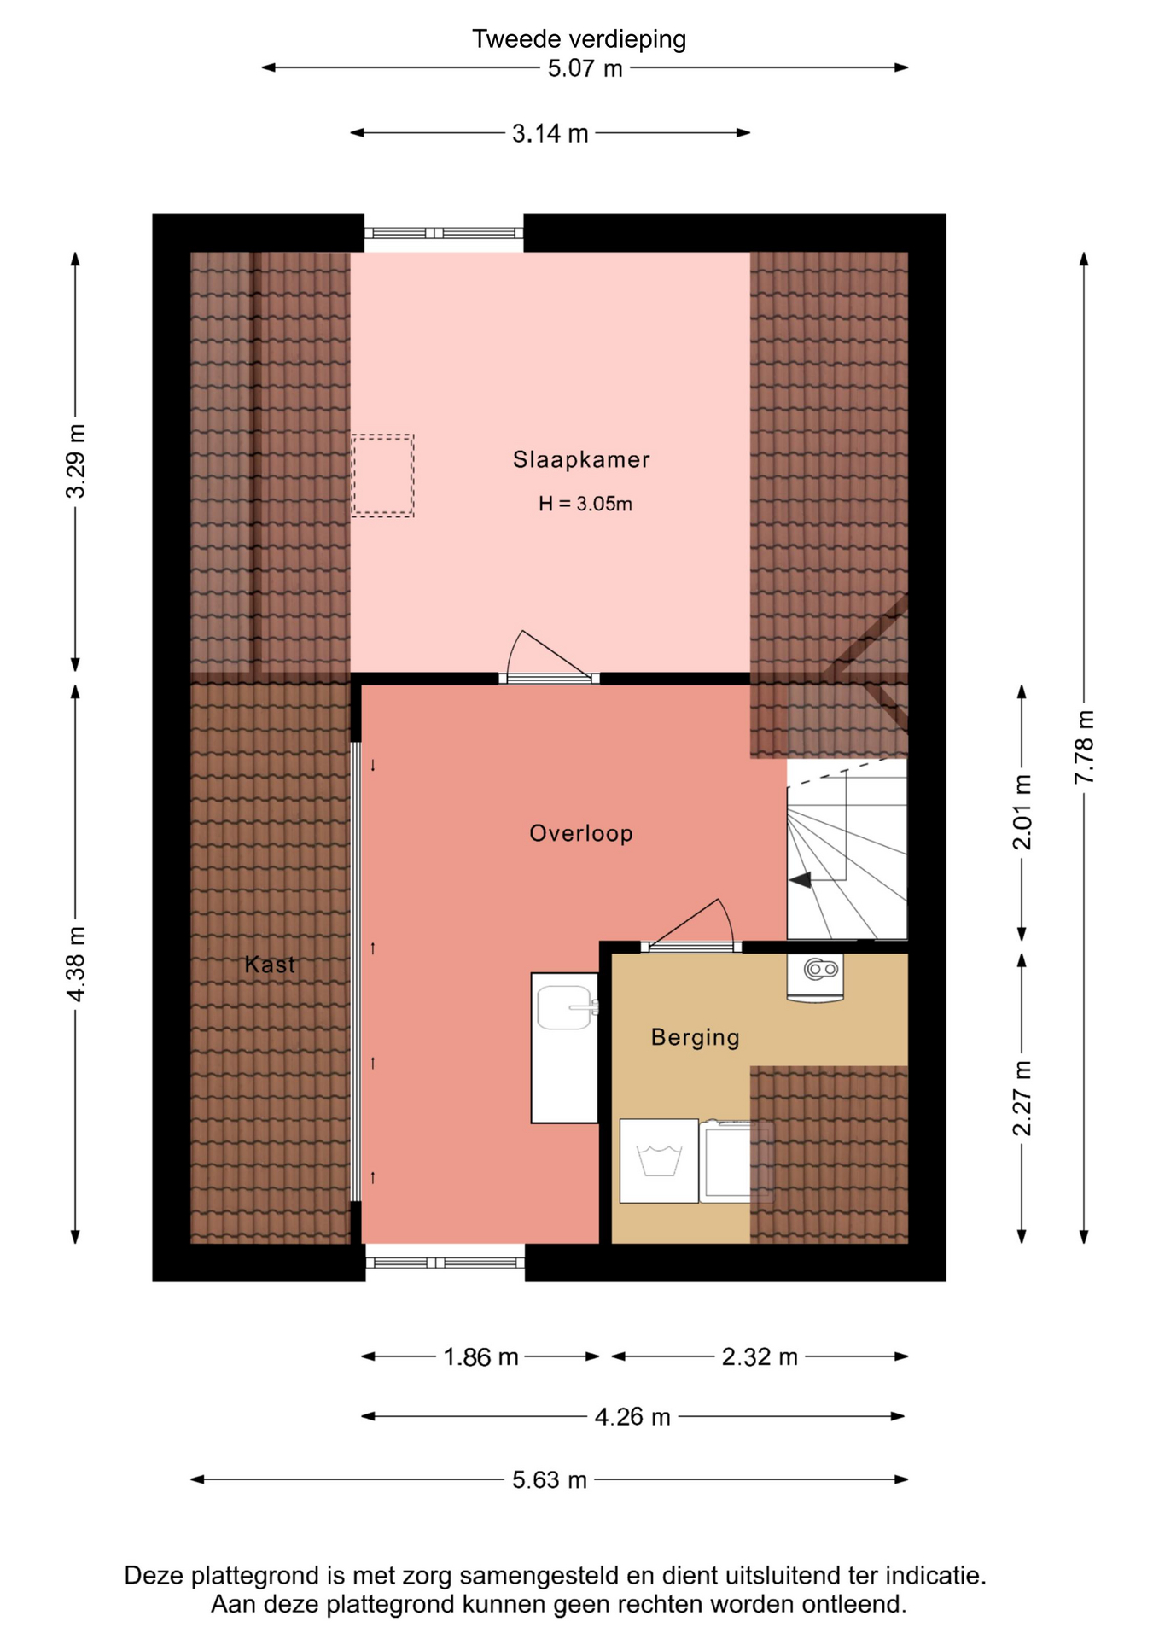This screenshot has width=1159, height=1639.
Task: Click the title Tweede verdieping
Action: (x=579, y=39)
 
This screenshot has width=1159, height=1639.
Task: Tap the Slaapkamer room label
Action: (x=581, y=460)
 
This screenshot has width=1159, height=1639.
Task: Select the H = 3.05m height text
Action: (x=585, y=505)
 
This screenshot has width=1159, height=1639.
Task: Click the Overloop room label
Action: (x=581, y=833)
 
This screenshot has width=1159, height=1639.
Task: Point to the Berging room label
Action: (x=695, y=1037)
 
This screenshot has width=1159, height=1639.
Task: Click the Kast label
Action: (x=270, y=965)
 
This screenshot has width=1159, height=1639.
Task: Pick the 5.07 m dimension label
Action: (x=585, y=68)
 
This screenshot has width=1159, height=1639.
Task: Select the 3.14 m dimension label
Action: (x=550, y=134)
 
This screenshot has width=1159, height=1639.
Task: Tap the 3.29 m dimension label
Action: (x=76, y=461)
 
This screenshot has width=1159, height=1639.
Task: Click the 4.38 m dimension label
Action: (x=76, y=964)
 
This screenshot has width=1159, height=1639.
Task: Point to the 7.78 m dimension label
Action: (x=1084, y=747)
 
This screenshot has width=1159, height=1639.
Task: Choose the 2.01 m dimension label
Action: (x=1022, y=813)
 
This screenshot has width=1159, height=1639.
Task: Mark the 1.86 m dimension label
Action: (x=480, y=1356)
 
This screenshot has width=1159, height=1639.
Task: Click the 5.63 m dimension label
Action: (x=550, y=1479)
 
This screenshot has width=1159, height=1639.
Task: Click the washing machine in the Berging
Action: (x=659, y=1161)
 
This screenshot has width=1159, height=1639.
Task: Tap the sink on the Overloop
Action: (x=565, y=1048)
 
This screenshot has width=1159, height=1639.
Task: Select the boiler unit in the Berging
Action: (x=815, y=977)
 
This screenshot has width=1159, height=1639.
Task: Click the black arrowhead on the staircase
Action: (x=800, y=880)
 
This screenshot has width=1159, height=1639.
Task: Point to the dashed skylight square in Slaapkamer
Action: (x=382, y=475)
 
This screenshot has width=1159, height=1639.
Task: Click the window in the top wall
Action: (x=444, y=233)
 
